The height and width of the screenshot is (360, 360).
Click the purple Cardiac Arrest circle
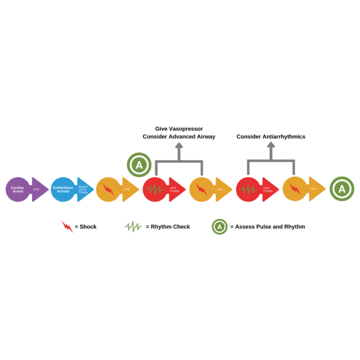(18, 189)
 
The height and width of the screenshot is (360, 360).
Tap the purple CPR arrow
(38, 190)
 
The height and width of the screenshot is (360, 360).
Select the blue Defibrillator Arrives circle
(63, 189)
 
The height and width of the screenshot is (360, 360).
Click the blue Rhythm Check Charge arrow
(84, 190)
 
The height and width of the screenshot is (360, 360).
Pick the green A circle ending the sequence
(342, 189)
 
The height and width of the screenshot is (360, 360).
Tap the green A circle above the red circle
(139, 164)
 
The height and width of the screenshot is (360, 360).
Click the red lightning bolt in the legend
(67, 226)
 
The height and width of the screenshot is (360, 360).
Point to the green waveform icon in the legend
(133, 226)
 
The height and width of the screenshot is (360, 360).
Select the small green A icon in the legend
(220, 226)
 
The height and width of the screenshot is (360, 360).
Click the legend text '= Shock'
(86, 227)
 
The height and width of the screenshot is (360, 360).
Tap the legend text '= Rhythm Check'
(168, 227)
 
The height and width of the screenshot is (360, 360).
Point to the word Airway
(205, 137)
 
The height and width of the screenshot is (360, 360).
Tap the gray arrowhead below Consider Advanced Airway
(179, 146)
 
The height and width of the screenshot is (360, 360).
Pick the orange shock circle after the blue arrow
(109, 189)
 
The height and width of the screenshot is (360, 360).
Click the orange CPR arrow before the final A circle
(313, 189)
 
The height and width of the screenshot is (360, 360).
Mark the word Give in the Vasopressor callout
(161, 128)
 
